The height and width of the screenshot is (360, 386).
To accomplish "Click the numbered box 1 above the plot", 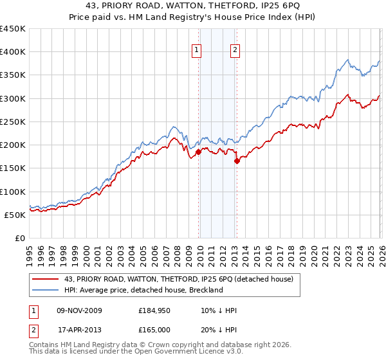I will click(196, 51).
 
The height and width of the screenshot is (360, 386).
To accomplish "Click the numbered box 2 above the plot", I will click(235, 51).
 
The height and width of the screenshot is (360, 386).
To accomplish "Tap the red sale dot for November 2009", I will click(198, 152).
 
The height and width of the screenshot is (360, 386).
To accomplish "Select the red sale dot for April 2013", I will click(237, 161).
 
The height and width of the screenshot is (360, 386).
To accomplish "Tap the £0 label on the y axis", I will click(19, 238).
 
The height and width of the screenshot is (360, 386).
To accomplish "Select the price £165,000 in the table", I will click(158, 329).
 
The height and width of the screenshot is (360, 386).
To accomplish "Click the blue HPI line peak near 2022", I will click(347, 60).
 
